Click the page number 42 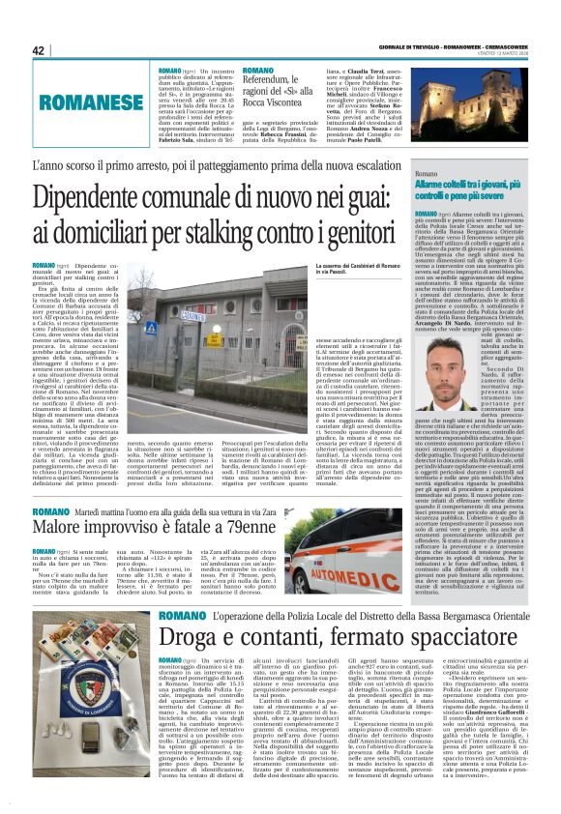coord(39,50)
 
